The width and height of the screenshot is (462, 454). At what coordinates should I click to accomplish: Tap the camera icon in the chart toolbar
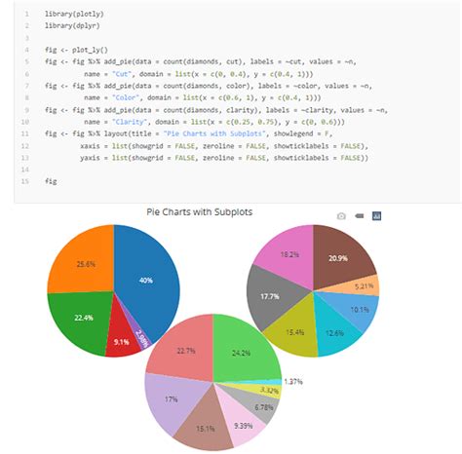point(341,215)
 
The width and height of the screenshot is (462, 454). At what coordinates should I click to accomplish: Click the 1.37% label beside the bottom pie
point(292,382)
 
